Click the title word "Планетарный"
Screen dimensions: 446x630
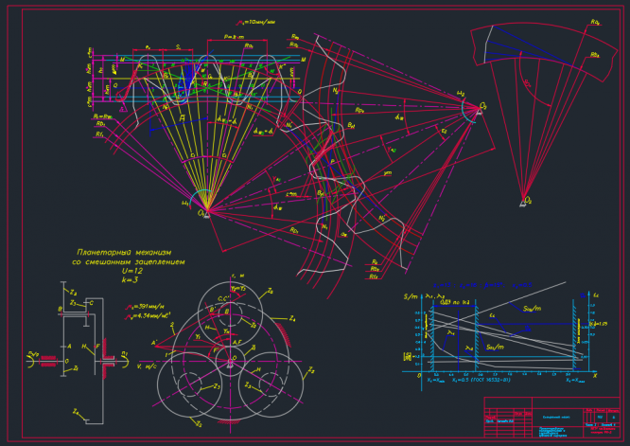tap(103, 252)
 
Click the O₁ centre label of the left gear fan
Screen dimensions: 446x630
tap(201, 214)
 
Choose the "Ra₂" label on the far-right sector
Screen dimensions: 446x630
tap(595, 21)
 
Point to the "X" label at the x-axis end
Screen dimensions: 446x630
tap(594, 375)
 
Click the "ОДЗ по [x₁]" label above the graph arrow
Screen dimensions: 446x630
tap(457, 302)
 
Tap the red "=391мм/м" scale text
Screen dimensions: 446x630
tap(149, 306)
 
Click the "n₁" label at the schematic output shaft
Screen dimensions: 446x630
tap(126, 353)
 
